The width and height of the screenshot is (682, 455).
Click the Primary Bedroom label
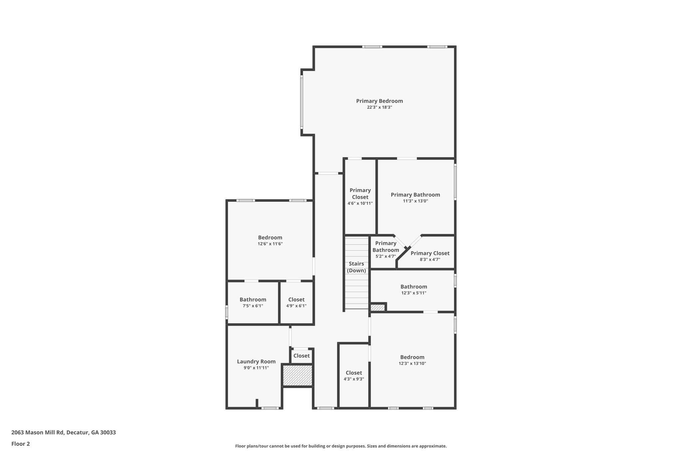379,101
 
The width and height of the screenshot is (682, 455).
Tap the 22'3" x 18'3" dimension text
379,107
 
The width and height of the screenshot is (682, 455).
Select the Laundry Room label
256,361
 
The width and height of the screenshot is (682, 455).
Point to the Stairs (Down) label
356,267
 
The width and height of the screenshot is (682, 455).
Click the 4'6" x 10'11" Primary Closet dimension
360,203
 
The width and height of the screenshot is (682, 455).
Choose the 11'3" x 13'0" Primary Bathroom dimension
415,201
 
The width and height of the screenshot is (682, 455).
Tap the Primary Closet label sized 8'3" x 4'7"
430,253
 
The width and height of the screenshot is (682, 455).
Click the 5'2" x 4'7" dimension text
386,256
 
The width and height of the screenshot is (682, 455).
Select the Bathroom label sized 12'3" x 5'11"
414,287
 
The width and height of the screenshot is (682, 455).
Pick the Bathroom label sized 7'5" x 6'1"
253,300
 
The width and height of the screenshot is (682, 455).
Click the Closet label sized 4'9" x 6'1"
296,300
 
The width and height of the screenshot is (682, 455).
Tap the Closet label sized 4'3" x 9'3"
354,373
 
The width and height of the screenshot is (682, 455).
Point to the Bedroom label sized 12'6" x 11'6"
270,238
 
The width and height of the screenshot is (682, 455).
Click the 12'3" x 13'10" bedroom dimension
412,364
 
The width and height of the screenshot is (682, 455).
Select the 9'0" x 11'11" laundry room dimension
256,368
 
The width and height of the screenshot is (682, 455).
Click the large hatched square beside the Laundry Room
297,375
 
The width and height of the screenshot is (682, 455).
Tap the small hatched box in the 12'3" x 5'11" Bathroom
378,307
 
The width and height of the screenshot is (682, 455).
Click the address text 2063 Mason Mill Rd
64,433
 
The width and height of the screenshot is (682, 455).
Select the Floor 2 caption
21,444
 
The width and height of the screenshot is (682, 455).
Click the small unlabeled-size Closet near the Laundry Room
302,356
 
